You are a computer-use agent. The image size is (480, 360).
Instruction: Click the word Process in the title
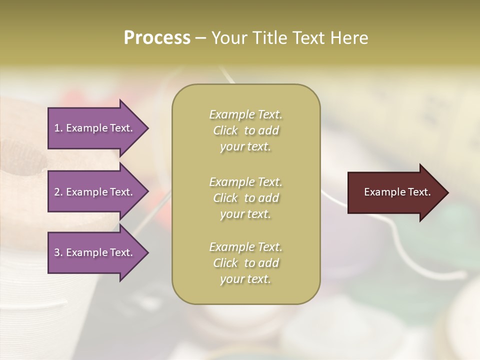[x=157, y=38]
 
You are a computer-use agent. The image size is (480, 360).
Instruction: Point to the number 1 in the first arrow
[x=57, y=128]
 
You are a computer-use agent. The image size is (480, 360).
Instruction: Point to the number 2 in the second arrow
[x=57, y=192]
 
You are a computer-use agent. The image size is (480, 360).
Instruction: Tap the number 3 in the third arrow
[x=57, y=252]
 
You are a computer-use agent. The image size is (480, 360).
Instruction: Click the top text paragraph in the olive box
[x=245, y=130]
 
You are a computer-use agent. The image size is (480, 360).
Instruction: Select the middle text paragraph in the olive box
[x=245, y=197]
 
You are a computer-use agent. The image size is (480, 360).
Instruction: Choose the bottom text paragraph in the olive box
[x=245, y=263]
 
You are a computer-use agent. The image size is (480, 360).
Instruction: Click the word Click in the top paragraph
[x=225, y=130]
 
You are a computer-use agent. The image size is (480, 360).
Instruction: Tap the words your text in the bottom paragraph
[x=245, y=279]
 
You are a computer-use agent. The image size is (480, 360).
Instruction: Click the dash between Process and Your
[x=201, y=38]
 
